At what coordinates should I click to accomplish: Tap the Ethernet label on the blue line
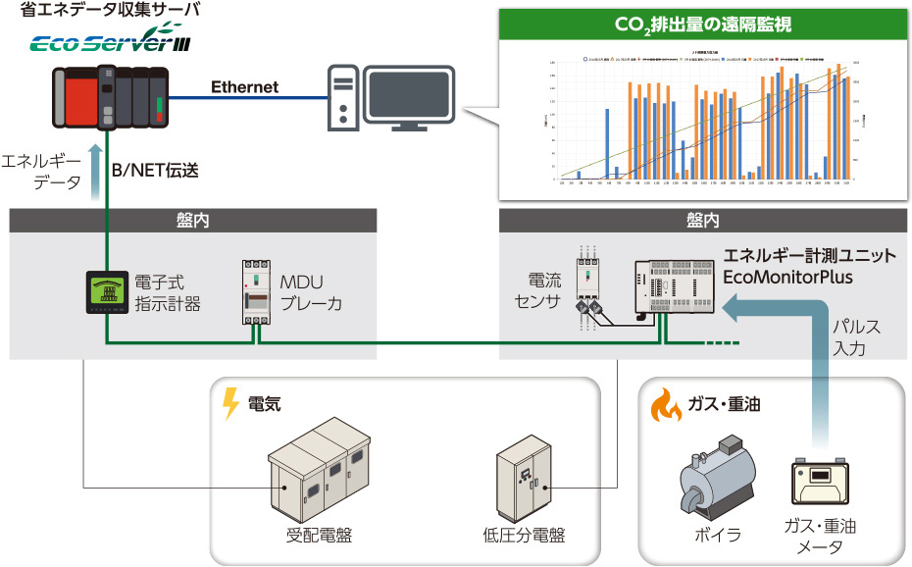pos(244,87)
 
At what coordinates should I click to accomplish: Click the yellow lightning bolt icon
pos(231,403)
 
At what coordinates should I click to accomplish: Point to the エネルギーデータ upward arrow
pos(94,170)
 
